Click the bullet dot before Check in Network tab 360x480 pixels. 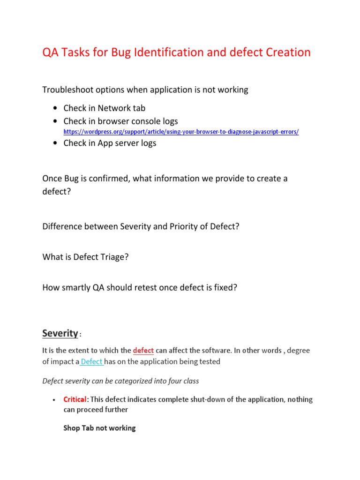(x=56, y=109)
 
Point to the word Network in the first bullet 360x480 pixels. (x=113, y=108)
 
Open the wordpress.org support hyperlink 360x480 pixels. (x=181, y=132)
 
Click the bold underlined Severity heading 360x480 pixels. (x=60, y=333)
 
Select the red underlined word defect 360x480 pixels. (x=143, y=351)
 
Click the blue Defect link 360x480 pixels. (x=92, y=361)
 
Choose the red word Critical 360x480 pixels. (x=75, y=399)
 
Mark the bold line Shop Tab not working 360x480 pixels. (x=99, y=427)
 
